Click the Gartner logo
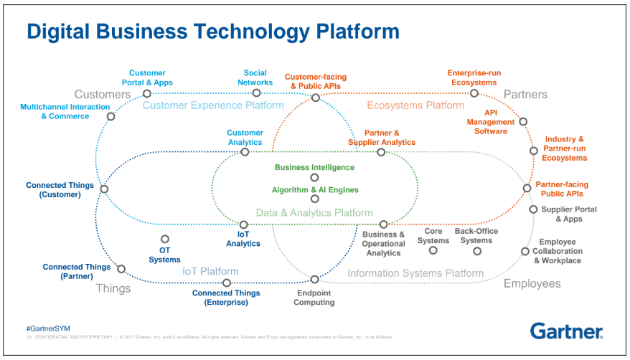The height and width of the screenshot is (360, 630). [566, 331]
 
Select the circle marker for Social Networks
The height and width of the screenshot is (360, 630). [256, 93]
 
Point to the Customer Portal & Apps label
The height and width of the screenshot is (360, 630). [147, 77]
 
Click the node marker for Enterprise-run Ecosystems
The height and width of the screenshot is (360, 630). [474, 93]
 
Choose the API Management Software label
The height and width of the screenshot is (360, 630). [491, 122]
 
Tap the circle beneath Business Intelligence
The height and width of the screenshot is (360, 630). [314, 177]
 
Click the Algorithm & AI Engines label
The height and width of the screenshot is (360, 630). [315, 190]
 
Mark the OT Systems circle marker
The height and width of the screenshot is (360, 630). [165, 240]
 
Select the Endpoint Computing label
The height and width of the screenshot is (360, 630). [314, 297]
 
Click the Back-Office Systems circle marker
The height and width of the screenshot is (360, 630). [477, 251]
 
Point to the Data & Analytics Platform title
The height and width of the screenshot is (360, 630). [314, 212]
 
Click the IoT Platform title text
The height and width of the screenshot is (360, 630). [210, 272]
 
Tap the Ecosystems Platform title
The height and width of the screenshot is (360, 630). [415, 105]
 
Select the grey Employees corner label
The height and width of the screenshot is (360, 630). [532, 284]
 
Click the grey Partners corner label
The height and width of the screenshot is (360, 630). [525, 95]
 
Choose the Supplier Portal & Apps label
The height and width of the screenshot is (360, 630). [567, 214]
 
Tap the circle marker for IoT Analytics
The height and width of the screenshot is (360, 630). [243, 224]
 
